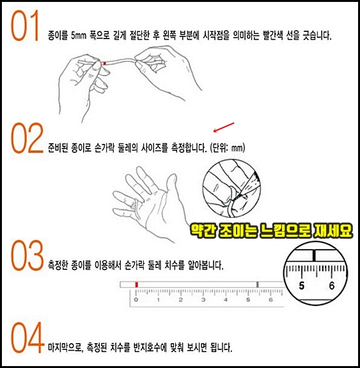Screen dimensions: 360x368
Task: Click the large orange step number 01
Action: [25, 26]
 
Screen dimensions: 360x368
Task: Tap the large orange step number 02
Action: [27, 138]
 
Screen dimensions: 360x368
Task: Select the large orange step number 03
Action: [27, 255]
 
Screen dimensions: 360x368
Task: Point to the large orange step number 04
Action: [27, 337]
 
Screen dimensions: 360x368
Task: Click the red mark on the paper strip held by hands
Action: [105, 63]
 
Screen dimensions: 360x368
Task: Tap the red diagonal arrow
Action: [224, 127]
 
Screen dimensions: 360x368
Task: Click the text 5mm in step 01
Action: [79, 36]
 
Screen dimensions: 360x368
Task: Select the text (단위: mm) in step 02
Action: [227, 148]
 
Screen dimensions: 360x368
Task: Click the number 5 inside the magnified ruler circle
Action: [302, 286]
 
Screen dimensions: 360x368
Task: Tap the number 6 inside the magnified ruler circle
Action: [331, 286]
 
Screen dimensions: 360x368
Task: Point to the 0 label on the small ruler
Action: [136, 300]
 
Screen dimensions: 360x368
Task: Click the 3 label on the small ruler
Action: [203, 300]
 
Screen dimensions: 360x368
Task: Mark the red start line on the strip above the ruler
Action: [136, 285]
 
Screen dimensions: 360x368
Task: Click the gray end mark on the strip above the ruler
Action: [258, 285]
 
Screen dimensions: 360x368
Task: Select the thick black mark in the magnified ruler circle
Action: [314, 256]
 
